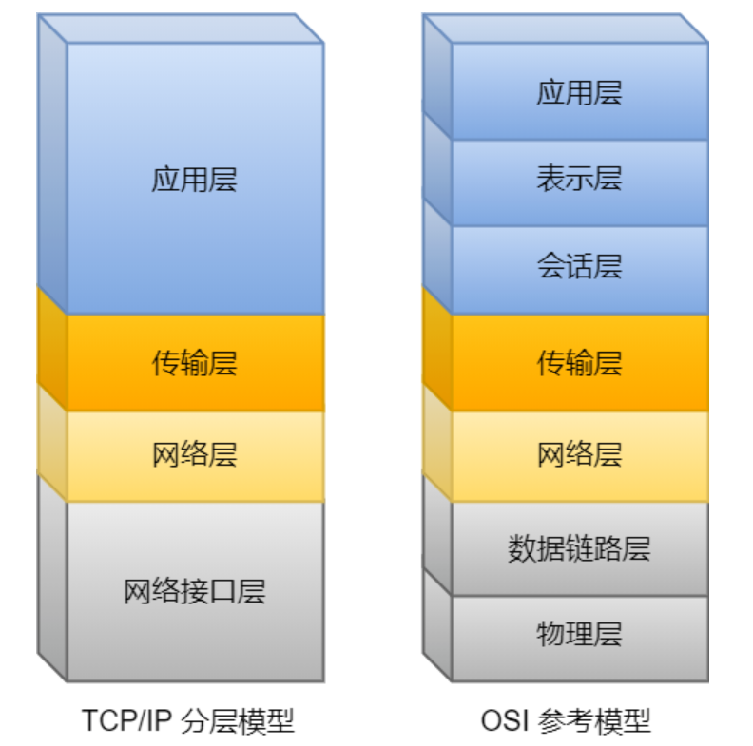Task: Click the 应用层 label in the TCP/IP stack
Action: [x=194, y=180]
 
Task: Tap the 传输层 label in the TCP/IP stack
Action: [x=194, y=363]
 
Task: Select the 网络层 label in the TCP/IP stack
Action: [x=194, y=455]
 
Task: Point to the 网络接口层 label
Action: [x=194, y=591]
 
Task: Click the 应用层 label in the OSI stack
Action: [x=579, y=92]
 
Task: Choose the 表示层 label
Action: [x=579, y=179]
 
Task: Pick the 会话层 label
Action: [x=579, y=267]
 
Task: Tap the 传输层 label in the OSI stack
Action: [x=579, y=363]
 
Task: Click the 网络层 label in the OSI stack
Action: [x=579, y=455]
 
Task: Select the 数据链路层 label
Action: [x=579, y=548]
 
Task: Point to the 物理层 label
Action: [x=579, y=634]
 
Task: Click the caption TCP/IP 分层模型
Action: [x=188, y=719]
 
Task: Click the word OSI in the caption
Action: [x=506, y=719]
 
